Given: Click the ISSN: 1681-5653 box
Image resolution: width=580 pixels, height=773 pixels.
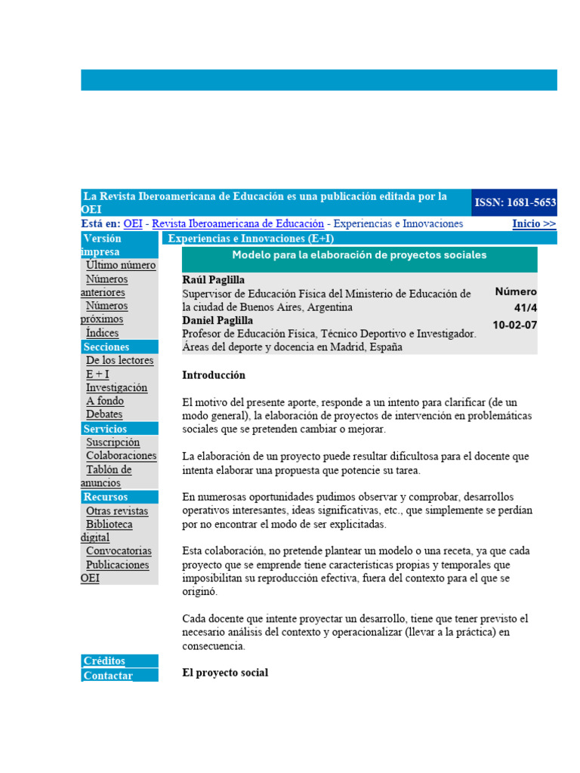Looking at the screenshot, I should pos(514,202).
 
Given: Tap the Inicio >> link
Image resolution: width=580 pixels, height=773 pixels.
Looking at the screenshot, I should pos(534,223).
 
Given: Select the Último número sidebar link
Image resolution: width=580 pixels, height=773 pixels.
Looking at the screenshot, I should pos(121,265).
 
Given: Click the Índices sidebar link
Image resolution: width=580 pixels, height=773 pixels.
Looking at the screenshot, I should pos(102,333).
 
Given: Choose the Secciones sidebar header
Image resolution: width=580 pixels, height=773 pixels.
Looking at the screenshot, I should pos(106,347).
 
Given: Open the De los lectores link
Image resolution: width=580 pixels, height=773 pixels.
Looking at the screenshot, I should pos(119,360).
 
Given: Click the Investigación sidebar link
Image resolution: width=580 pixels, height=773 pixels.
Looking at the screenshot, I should pos(116,387).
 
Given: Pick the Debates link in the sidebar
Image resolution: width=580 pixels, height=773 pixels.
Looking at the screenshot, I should pos(104,414).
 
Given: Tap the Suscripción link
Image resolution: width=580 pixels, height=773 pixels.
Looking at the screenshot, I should pos(113,442).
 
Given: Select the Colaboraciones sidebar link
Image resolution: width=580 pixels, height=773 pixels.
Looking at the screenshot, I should pos(121,456).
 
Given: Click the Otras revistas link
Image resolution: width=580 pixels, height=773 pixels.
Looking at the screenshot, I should pos(117,511).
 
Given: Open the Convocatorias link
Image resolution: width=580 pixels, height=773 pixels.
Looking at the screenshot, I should pos(119,551).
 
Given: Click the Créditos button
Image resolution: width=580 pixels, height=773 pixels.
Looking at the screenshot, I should pos(105,661).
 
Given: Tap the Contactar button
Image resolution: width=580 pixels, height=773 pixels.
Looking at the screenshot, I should pos(108,676).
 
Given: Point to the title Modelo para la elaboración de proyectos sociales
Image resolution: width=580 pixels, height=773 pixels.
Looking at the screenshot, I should pos(359,255).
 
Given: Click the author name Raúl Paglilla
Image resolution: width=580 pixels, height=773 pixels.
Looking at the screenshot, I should pos(214,279).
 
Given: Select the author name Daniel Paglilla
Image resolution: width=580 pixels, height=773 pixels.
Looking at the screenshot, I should pos(218,320).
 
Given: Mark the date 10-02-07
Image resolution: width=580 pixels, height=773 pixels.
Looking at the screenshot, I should pos(514,325).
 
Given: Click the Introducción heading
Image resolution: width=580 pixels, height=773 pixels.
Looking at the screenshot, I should pos(214,375).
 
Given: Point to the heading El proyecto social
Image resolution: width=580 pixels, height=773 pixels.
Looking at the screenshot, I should pos(225,673).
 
